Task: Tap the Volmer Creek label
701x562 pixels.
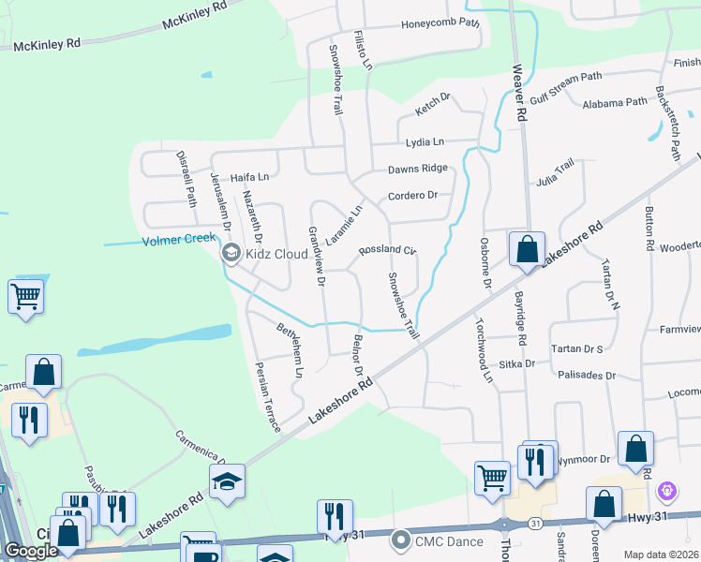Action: pos(179,241)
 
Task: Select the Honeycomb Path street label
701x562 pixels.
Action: pos(440,24)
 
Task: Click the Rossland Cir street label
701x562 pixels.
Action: pos(386,251)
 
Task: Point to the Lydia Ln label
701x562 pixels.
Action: pos(424,142)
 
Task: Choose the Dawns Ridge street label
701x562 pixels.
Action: pos(418,170)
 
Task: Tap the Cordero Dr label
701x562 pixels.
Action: pos(413,196)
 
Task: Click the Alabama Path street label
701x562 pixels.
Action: pos(614,102)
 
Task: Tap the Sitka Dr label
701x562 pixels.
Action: pos(516,362)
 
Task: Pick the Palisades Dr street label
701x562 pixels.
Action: pos(587,376)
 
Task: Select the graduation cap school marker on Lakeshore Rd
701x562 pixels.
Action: pos(227,481)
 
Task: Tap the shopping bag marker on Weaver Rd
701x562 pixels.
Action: pos(527,250)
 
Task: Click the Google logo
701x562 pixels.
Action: pos(31,551)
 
